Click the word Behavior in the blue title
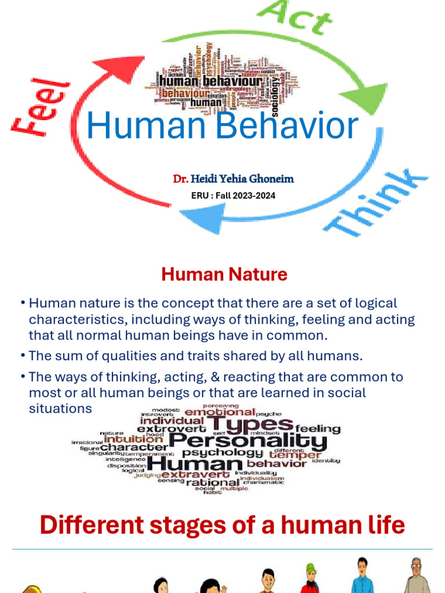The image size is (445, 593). point(290,127)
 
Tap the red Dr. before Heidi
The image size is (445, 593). point(180,179)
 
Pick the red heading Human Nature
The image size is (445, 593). point(224,274)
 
